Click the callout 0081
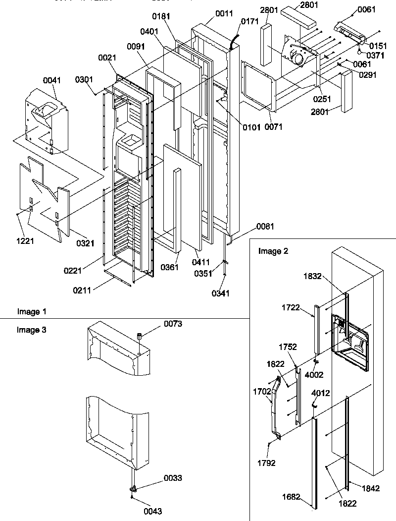coord(265,227)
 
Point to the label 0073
coord(173,324)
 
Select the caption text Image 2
coord(273,251)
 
